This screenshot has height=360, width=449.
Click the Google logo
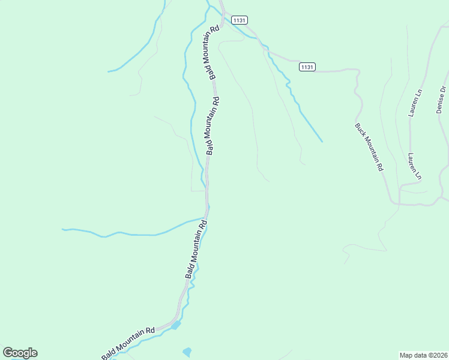pos(20,353)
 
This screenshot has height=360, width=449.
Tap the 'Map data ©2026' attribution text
pos(423,355)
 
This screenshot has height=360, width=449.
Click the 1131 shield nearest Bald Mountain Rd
pos(239,20)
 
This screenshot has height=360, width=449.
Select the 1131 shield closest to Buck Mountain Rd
pos(307,67)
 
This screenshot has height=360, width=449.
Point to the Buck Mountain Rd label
pos(369,148)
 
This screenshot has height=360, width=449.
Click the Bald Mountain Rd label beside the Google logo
pos(128,344)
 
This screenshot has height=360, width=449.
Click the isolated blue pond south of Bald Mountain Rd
pos(187,352)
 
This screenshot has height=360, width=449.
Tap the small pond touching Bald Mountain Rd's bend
pos(176,325)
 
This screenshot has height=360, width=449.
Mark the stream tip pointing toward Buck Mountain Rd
pos(322,142)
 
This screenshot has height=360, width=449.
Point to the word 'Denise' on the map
pos(441,103)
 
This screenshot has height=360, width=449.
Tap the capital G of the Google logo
pos(8,353)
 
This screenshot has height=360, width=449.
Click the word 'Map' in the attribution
pos(406,355)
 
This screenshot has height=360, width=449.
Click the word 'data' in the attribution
pos(419,355)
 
